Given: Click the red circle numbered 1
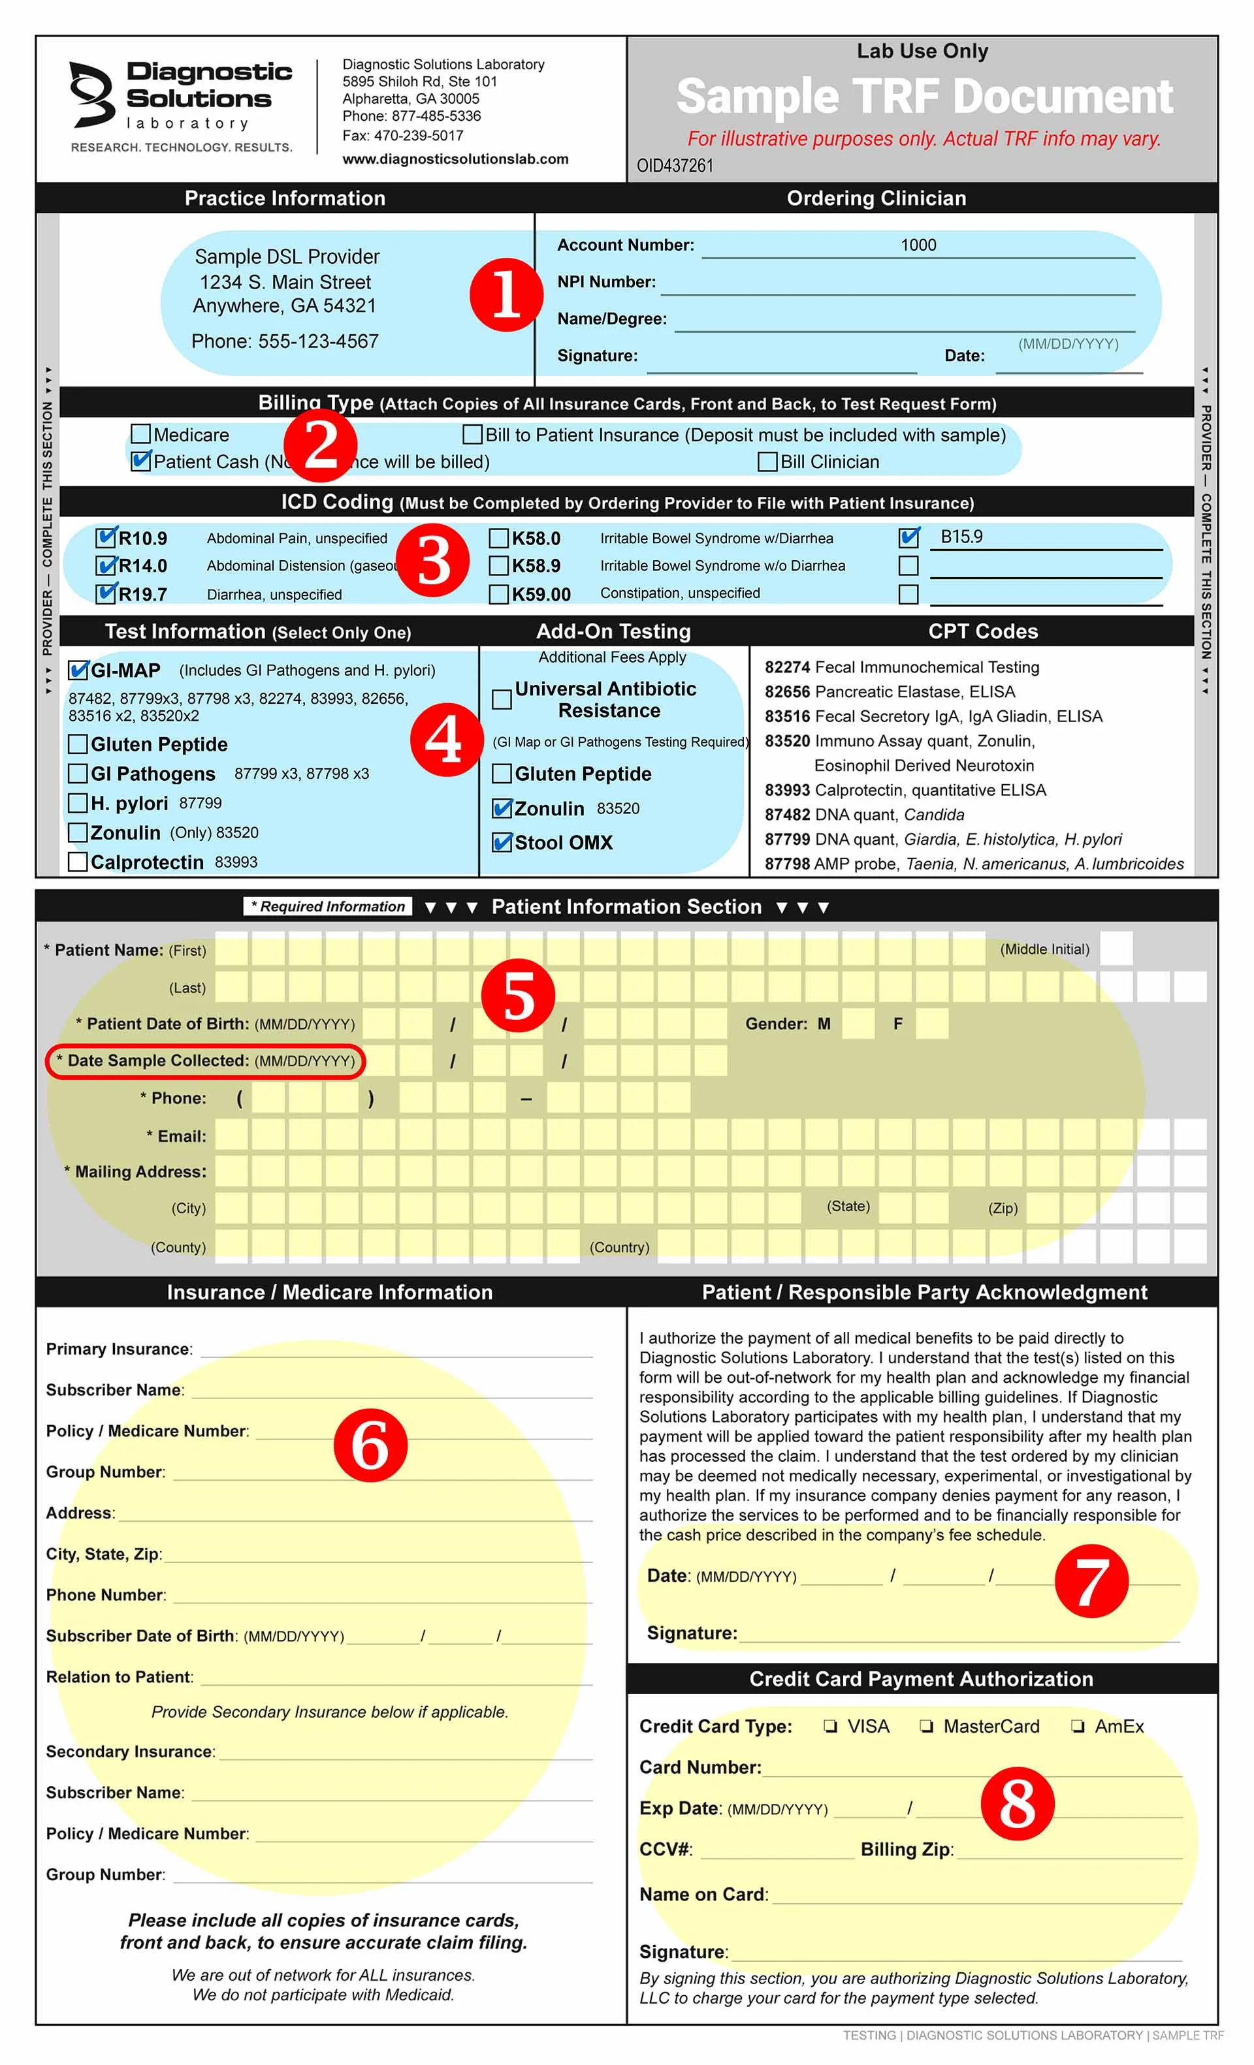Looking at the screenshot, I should [506, 294].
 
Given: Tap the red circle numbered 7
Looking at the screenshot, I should [1091, 1581].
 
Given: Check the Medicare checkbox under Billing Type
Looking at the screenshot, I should [141, 434].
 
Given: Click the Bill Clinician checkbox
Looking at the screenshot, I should [767, 462].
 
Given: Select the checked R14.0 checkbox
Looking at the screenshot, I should [106, 565].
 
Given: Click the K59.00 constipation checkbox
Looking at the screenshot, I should [499, 594].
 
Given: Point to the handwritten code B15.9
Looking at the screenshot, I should [961, 537].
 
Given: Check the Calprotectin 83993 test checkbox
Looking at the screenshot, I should [78, 862].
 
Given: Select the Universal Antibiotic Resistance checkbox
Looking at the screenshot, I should [501, 699].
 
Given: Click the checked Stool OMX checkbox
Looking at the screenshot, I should [501, 842].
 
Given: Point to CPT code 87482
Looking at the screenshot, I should [786, 815].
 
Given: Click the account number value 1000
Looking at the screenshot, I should [918, 245].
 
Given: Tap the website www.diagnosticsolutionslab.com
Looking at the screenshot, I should [455, 159].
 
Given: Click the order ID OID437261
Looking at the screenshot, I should [675, 166].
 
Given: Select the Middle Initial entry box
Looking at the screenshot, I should [1116, 949].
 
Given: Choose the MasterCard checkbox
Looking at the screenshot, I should [926, 1726].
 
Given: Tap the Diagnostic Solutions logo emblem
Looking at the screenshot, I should [92, 94].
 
